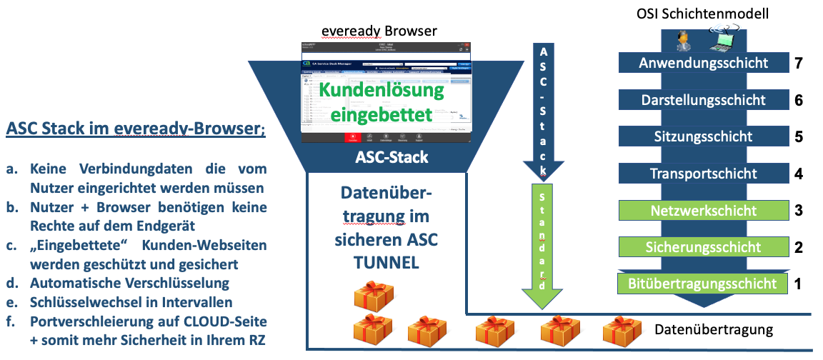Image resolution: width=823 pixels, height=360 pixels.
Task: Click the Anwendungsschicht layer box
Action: [703, 63]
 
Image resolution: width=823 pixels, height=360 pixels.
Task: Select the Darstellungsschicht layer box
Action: [703, 100]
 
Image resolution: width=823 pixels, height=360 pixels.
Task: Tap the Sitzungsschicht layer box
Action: [703, 136]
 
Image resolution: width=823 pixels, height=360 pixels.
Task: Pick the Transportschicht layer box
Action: [703, 174]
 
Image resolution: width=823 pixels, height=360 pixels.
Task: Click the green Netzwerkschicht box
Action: [703, 211]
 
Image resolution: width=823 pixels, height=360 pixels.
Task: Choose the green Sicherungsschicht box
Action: [703, 247]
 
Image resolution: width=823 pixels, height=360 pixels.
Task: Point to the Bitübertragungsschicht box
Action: [703, 284]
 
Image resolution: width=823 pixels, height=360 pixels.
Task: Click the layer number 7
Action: [799, 63]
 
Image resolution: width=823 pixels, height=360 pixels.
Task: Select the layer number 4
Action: [799, 174]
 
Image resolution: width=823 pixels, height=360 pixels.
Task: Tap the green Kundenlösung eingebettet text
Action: [381, 102]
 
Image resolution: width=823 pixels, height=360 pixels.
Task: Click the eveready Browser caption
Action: [379, 30]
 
